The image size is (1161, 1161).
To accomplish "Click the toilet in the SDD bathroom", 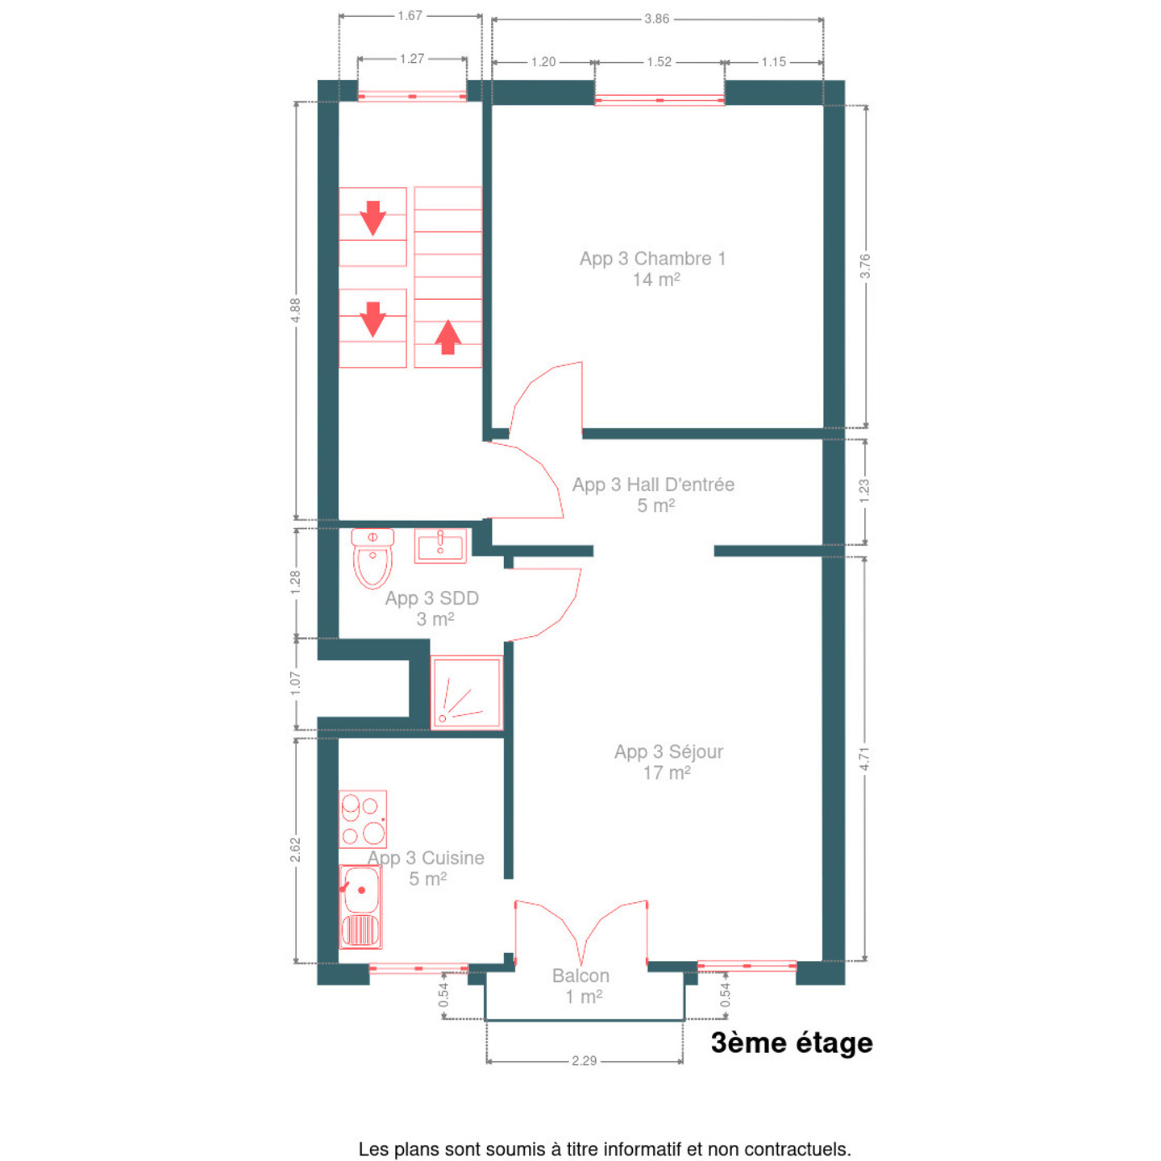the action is tap(372, 558).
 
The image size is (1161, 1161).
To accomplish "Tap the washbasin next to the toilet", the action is tap(440, 546).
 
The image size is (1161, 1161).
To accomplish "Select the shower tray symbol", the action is tap(466, 693).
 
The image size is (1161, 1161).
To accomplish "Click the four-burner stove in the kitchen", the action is tap(363, 819).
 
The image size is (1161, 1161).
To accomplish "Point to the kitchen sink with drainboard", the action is tap(360, 907).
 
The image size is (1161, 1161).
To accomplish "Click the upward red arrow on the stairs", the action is tap(447, 337).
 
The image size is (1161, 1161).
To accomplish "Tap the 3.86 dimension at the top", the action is tap(657, 19).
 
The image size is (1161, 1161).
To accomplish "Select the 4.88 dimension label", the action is tap(295, 310).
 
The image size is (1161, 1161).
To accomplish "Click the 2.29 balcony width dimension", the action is tap(584, 1060).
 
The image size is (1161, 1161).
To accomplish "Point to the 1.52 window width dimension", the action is tap(660, 62).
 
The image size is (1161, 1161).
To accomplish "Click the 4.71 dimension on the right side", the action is tap(864, 758).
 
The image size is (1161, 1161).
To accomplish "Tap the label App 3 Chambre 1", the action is tap(652, 259).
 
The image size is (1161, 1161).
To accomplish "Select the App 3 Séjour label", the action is tap(668, 752).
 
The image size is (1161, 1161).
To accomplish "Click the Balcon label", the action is tap(580, 976).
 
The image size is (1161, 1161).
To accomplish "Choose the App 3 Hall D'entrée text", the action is tap(653, 485).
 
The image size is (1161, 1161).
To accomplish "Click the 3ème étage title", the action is tap(792, 1043).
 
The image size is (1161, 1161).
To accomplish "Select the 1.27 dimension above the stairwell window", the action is tap(411, 59).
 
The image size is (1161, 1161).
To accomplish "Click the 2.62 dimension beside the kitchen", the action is tap(295, 850).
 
